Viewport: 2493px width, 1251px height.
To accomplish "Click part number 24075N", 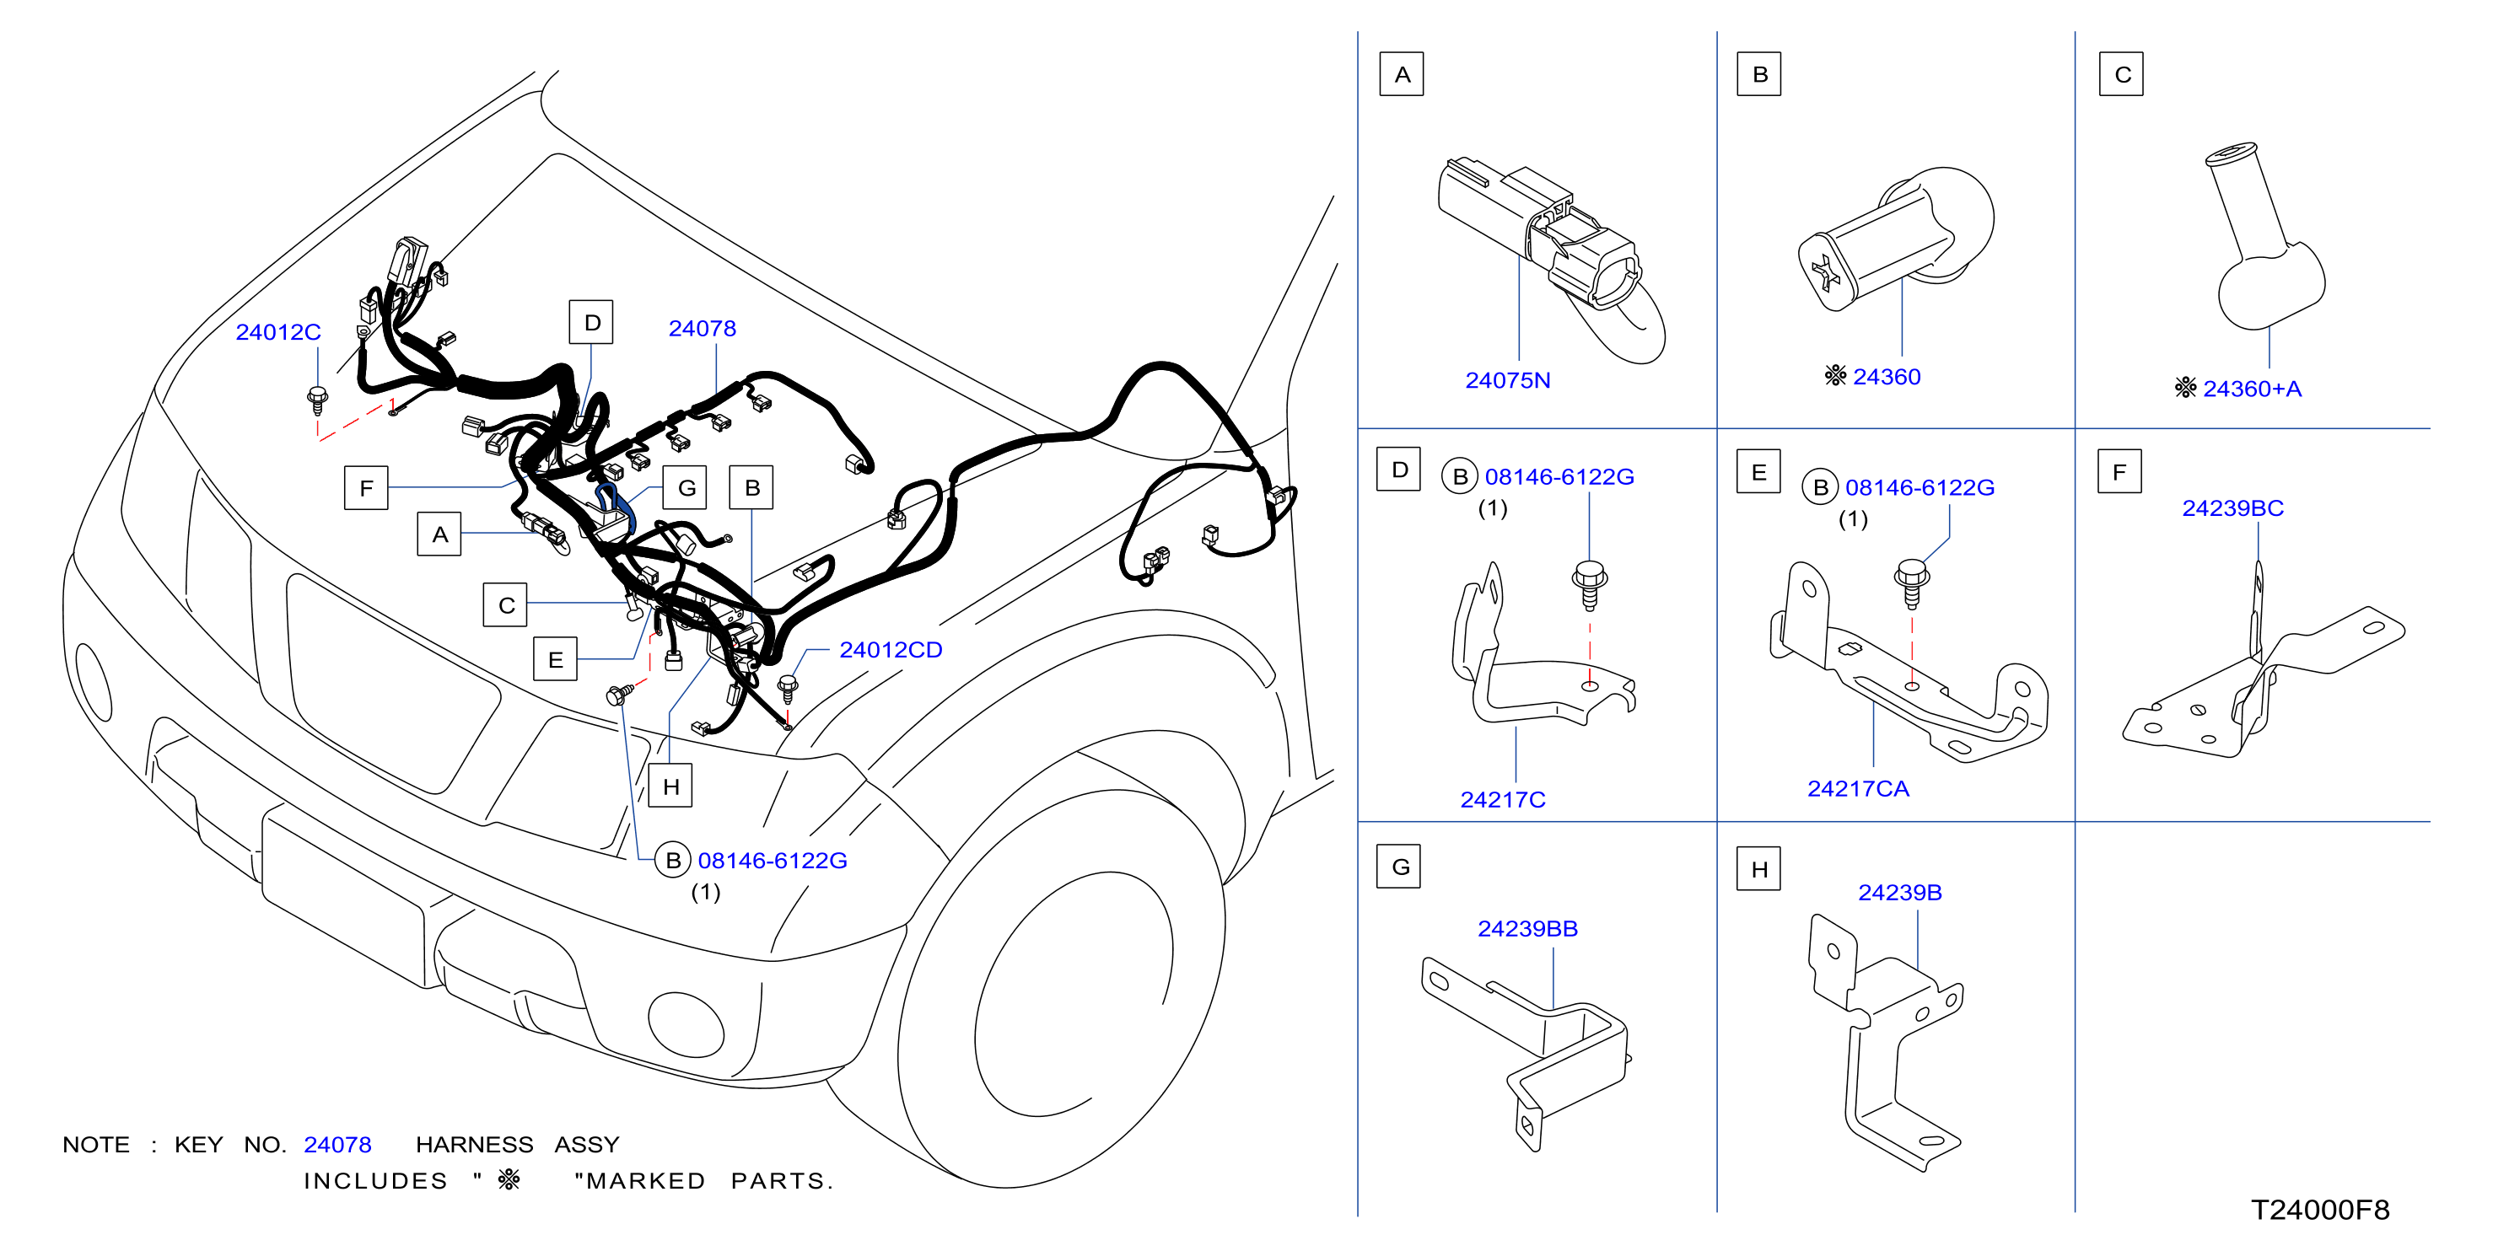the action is [x=1507, y=380].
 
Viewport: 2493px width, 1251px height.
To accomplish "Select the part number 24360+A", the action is [x=2251, y=389].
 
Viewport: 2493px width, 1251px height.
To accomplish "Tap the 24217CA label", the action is [x=1857, y=788].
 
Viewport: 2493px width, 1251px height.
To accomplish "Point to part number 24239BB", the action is [x=1527, y=929].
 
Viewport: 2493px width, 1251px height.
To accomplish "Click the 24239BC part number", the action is [x=2232, y=508].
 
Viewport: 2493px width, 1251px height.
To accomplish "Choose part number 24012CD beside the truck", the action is [x=891, y=650].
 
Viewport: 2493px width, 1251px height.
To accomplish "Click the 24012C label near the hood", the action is [x=277, y=332].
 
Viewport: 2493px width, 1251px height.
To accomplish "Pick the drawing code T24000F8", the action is [x=2320, y=1210].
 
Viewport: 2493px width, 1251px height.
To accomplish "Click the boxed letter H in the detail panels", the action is [x=1758, y=869].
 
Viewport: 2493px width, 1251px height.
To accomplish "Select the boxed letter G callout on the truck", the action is [x=685, y=487].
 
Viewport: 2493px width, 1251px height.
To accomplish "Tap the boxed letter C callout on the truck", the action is [x=505, y=604].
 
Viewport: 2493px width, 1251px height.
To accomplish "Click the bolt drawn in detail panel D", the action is [x=1589, y=585].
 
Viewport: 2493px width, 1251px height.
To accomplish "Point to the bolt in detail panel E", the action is [x=1910, y=583].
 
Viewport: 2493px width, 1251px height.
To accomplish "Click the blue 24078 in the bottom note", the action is [x=337, y=1145].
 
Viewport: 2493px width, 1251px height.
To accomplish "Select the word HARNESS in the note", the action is [x=474, y=1145].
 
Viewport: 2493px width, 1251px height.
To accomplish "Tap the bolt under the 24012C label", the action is [x=316, y=400].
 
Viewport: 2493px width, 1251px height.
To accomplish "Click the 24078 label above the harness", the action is [x=702, y=329].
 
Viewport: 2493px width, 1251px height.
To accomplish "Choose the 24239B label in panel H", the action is [x=1898, y=892].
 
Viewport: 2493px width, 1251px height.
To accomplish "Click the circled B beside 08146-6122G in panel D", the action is [x=1459, y=477].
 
